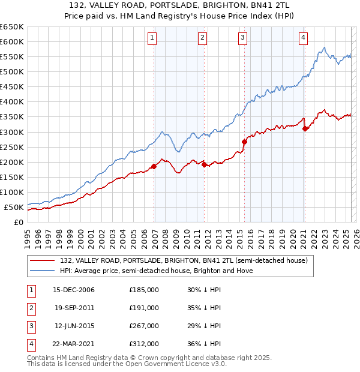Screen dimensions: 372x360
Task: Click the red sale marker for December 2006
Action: [154, 166]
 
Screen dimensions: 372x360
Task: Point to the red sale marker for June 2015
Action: [244, 142]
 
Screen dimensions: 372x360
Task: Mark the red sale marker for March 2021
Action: [305, 128]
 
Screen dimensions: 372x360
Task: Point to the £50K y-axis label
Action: [14, 207]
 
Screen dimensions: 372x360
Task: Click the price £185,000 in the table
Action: [144, 290]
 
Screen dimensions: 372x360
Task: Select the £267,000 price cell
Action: [144, 326]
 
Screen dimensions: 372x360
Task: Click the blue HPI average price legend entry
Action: [156, 271]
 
